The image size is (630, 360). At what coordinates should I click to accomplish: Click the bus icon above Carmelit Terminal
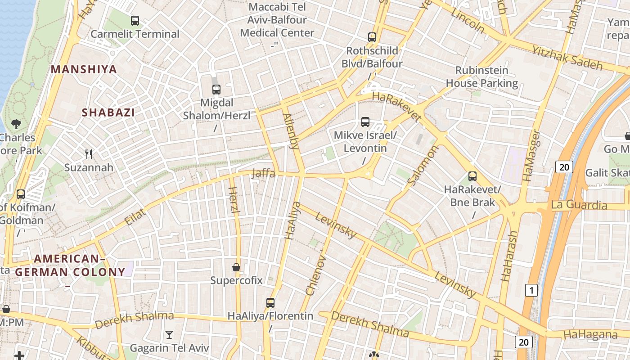click(135, 21)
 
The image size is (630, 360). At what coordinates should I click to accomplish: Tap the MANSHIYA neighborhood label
click(84, 69)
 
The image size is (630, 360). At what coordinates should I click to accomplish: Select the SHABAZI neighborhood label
click(108, 112)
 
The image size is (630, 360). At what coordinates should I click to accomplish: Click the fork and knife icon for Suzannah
click(89, 154)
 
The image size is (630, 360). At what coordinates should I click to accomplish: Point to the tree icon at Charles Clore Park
click(16, 124)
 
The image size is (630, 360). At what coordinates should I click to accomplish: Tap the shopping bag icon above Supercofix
click(236, 267)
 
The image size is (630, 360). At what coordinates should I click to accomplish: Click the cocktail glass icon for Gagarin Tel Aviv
click(169, 334)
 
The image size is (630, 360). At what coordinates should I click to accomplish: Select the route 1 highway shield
click(531, 290)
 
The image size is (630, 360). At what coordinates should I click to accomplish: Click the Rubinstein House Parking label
click(482, 76)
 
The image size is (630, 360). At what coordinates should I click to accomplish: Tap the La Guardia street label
click(579, 205)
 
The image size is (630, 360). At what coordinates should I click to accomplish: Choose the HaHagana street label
click(590, 334)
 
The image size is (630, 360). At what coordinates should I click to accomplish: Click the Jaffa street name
click(264, 173)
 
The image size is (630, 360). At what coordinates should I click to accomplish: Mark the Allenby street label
click(291, 131)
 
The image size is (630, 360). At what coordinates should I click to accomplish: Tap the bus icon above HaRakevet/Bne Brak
click(472, 176)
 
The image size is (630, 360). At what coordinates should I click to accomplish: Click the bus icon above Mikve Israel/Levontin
click(365, 122)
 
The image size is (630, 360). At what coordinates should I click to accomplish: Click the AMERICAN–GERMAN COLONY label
click(70, 265)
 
